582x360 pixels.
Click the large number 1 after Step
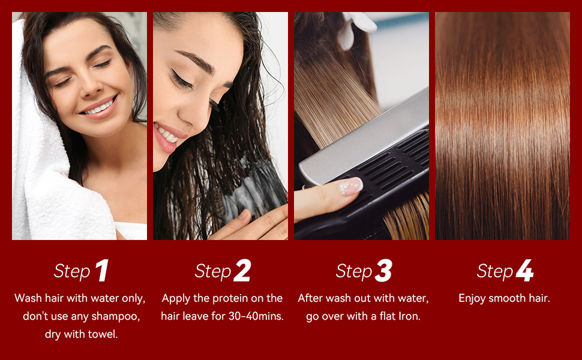[103, 270]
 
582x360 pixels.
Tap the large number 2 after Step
[242, 270]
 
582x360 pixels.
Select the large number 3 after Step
[383, 270]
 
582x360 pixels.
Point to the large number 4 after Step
[525, 270]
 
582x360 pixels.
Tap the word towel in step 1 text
[102, 334]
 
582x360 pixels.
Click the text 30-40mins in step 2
[256, 316]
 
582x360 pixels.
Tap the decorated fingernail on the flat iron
[350, 186]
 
